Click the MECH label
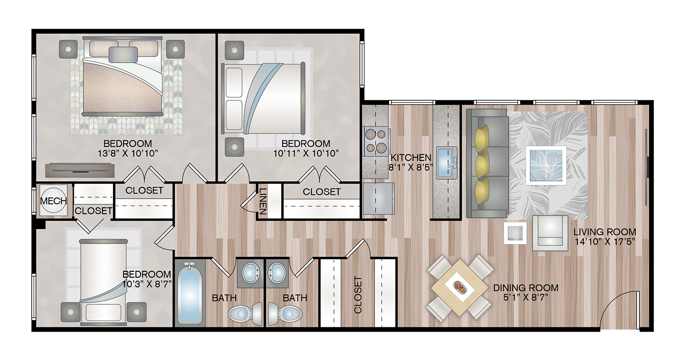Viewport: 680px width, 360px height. pos(54,201)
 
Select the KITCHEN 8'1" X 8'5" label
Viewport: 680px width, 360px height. pos(410,162)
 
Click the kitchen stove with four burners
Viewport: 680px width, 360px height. pos(375,141)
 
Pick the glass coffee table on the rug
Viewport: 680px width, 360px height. pos(546,166)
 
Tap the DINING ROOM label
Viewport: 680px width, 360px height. pos(526,288)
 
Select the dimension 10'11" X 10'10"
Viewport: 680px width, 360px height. pos(306,154)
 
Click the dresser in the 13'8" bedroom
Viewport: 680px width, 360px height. pos(80,170)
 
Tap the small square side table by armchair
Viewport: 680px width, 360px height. pos(515,233)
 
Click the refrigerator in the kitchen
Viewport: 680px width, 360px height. pos(379,199)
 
